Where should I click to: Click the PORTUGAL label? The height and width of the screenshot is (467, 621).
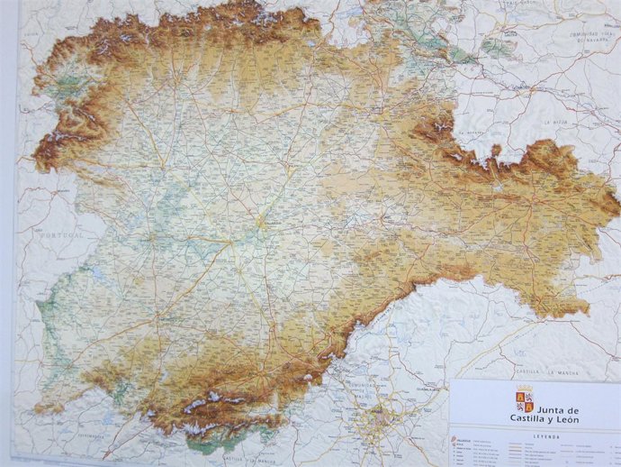(61, 234)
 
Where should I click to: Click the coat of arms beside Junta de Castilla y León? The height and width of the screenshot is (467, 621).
(524, 402)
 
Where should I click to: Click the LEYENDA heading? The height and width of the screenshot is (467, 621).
(544, 435)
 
